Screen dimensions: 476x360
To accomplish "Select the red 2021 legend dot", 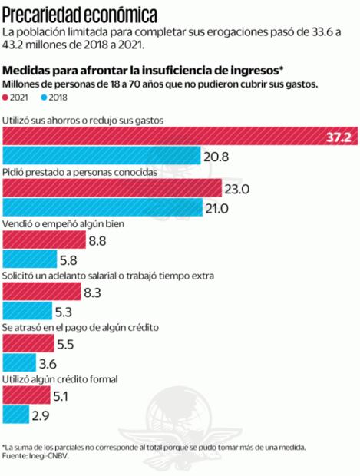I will point(7,98).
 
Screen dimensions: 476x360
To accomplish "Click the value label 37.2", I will point(337,137).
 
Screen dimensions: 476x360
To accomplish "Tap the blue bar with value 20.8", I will point(100,157).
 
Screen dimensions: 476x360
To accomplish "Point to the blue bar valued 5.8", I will point(30,260).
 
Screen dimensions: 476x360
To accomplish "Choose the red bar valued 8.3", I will point(41,293).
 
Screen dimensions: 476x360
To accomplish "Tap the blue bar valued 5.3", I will point(28,312).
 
